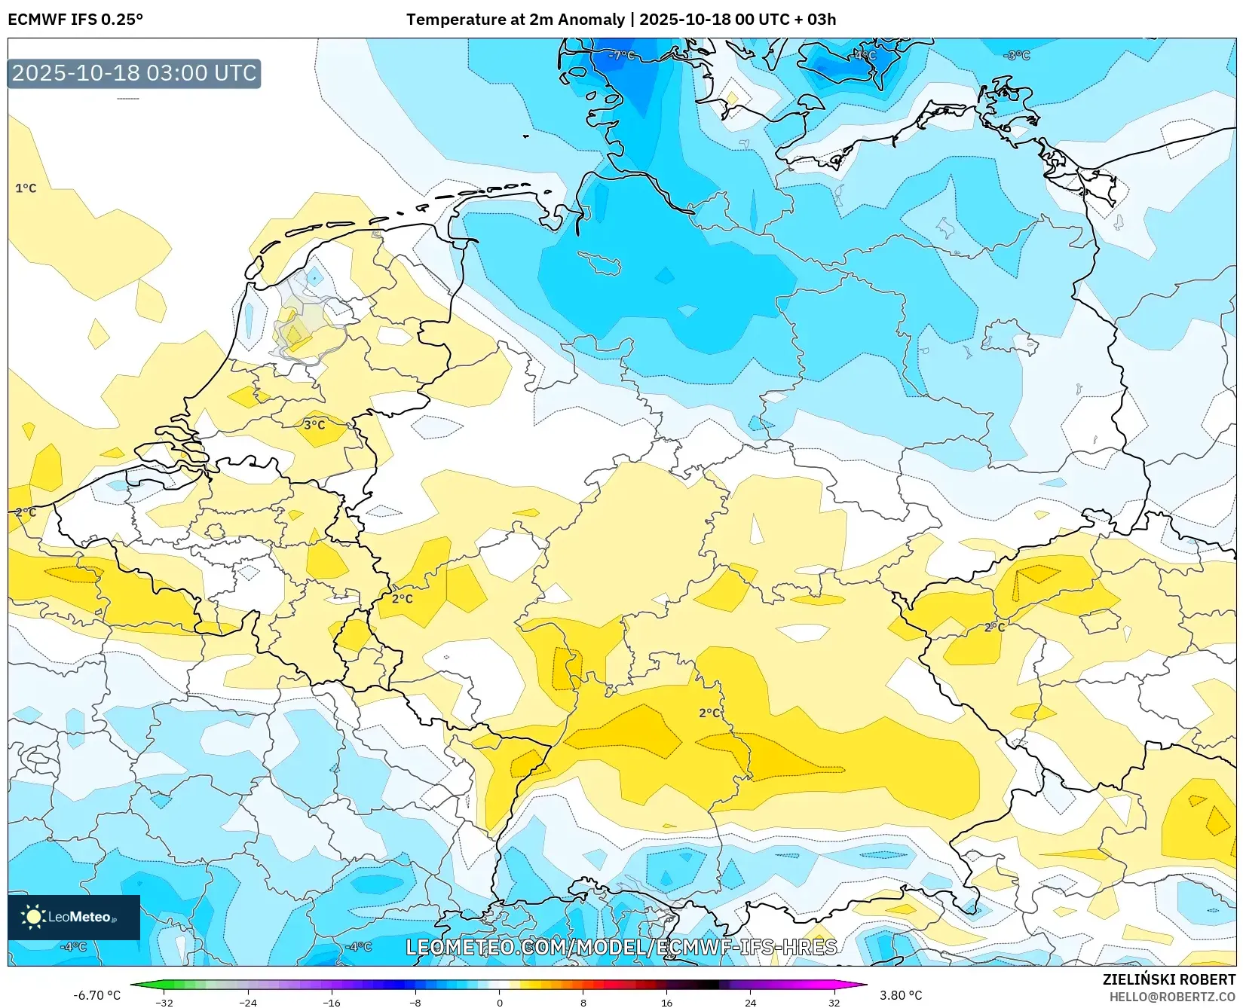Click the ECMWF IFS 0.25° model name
pos(75,20)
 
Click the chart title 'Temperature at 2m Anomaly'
pos(516,20)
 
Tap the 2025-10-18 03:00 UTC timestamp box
pos(134,73)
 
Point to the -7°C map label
pos(622,56)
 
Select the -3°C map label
pos(1017,56)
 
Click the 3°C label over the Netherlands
pos(314,425)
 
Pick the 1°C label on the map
pos(26,188)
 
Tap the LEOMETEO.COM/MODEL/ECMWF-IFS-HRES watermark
pos(621,947)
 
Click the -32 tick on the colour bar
pos(164,1002)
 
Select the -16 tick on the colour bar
pos(332,1002)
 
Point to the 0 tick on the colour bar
pos(499,1002)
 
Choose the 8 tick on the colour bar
pos(583,1002)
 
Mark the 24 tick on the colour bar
pos(750,1002)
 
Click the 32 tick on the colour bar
pos(834,1002)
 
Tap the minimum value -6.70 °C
pos(96,995)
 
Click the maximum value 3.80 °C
pos(901,995)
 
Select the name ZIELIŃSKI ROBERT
pos(1169,979)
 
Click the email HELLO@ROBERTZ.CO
pos(1172,997)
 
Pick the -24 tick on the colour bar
pos(248,1002)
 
